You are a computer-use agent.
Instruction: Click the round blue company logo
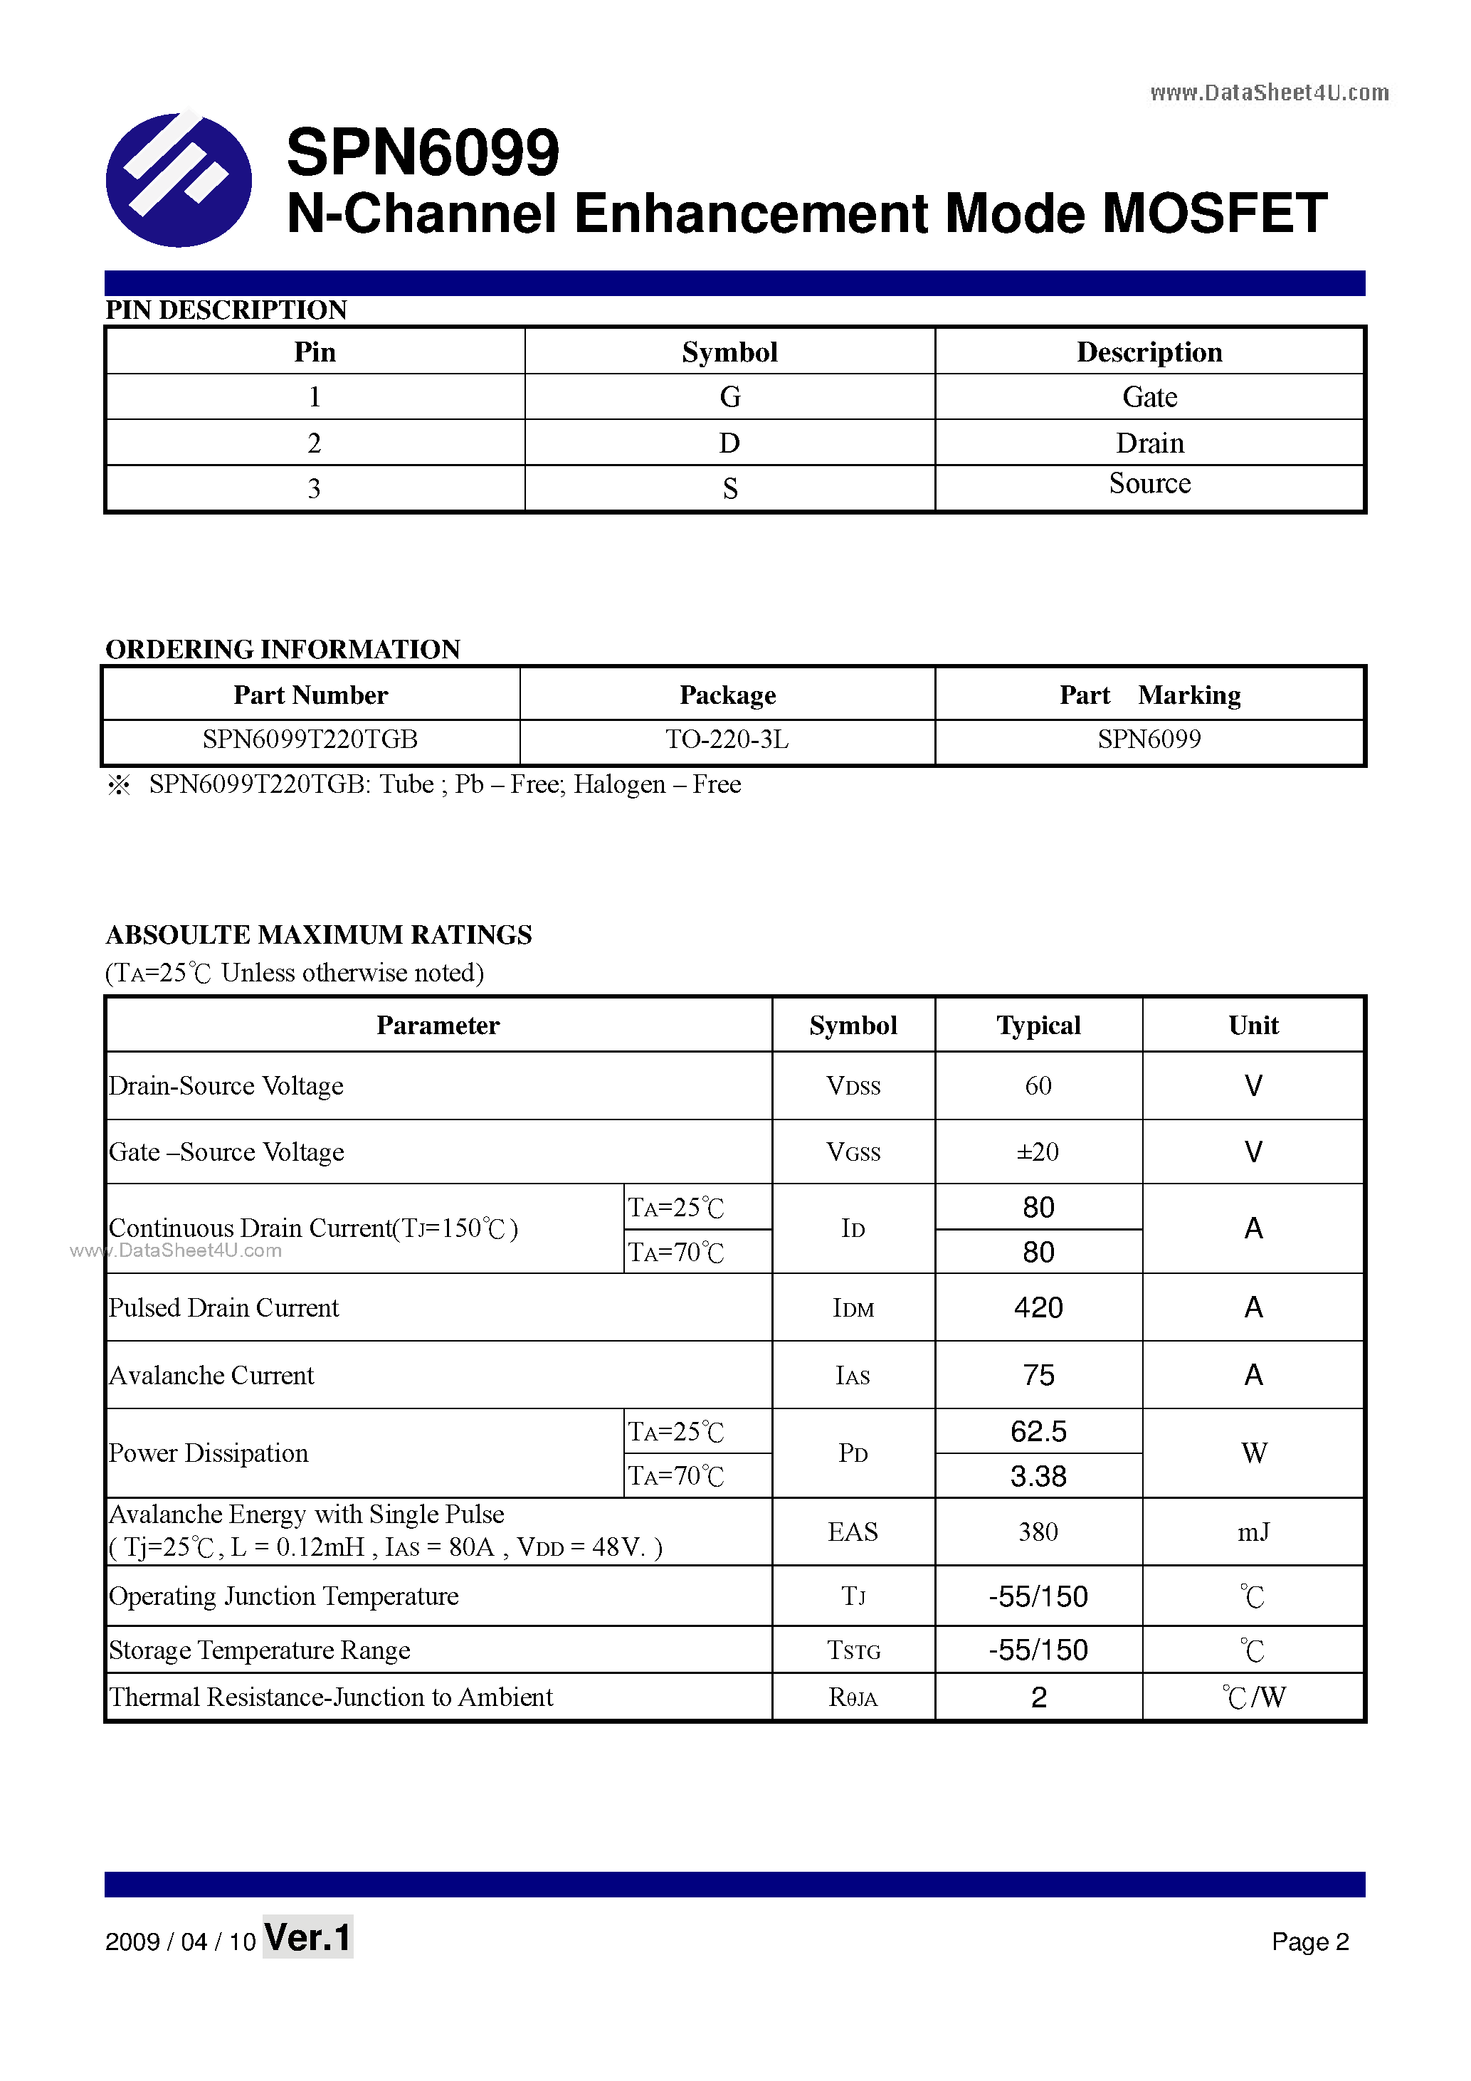[179, 179]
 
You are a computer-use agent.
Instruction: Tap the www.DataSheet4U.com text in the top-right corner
[1268, 93]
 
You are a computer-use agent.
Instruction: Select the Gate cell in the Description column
[1149, 397]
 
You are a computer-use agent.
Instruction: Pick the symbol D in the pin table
[729, 443]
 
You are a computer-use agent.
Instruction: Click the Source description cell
[1149, 484]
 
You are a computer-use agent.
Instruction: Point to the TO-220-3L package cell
[727, 739]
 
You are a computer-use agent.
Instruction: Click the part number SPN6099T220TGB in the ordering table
[310, 739]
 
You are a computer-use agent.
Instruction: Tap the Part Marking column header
[1149, 695]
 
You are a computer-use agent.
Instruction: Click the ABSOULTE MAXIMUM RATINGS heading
[319, 934]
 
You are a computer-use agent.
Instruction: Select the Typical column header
[1038, 1025]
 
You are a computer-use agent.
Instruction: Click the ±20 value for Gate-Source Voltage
[1038, 1152]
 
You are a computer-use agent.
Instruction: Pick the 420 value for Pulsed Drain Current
[1038, 1308]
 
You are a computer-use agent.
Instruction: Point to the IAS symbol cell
[852, 1376]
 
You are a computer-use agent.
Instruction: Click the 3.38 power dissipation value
[1038, 1477]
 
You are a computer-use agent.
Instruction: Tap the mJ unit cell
[1253, 1532]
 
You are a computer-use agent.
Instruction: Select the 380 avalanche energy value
[1038, 1532]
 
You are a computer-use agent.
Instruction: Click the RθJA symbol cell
[852, 1697]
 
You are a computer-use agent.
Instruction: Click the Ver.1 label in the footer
[307, 1938]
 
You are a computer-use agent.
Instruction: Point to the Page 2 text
[1309, 1942]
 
